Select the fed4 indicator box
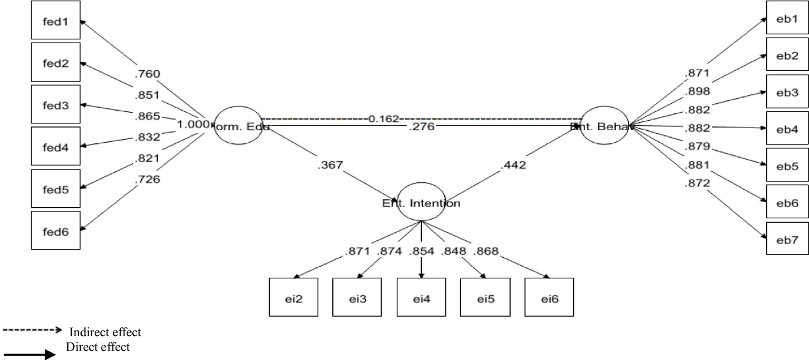tap(55, 146)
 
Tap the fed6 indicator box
tap(55, 230)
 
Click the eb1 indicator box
tap(786, 19)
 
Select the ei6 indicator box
tap(549, 296)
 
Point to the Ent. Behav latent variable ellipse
tap(604, 126)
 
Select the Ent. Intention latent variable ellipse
tap(422, 202)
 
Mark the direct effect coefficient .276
tap(421, 127)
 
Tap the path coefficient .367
tap(330, 165)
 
